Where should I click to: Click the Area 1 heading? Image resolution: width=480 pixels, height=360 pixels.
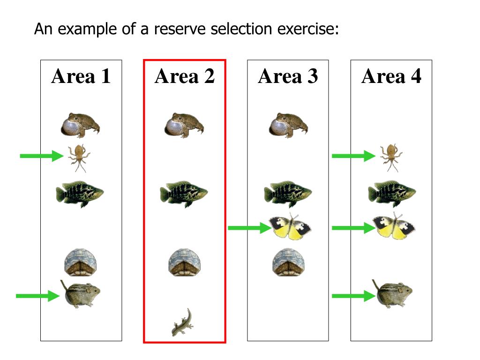point(81,76)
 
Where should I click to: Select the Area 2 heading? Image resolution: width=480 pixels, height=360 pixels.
point(185,76)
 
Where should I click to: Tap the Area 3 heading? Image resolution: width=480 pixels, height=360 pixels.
point(288,76)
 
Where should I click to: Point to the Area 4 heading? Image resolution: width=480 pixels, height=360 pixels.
point(391,76)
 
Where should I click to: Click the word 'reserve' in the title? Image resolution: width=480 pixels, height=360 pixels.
point(180,29)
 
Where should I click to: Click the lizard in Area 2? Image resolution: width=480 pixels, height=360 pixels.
point(181,322)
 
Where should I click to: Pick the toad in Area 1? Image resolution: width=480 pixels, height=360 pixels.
point(81,125)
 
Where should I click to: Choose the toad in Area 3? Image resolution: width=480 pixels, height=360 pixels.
point(288,125)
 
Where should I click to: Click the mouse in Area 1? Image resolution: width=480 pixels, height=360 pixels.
point(81,294)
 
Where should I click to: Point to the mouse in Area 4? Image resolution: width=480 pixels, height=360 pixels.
point(393,293)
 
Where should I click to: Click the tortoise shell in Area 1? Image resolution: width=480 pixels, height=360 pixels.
point(80,262)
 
